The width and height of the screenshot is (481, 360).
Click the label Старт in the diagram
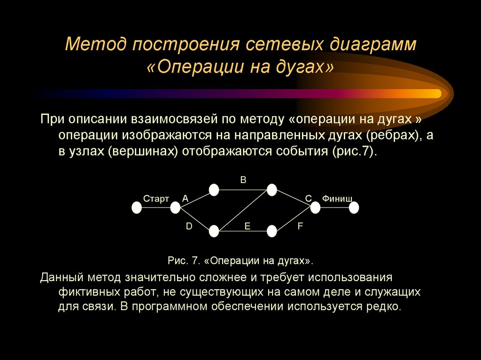156,199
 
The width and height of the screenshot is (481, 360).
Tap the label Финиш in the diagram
337,199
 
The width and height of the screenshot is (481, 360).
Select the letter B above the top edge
243,180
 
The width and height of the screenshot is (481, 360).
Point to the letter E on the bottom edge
247,226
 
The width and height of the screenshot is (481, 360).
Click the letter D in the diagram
189,226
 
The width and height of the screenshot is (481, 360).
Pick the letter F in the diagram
300,226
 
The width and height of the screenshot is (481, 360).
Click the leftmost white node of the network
137,207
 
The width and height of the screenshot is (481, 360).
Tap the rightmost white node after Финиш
354,207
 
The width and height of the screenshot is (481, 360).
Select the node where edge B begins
214,190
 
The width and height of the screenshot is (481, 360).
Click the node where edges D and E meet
214,231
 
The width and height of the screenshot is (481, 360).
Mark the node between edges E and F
272,231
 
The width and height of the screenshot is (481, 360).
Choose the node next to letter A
175,207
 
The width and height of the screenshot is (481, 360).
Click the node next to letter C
315,207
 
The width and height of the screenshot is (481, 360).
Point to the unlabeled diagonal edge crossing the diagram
243,210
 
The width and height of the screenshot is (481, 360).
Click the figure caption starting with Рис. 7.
240,260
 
